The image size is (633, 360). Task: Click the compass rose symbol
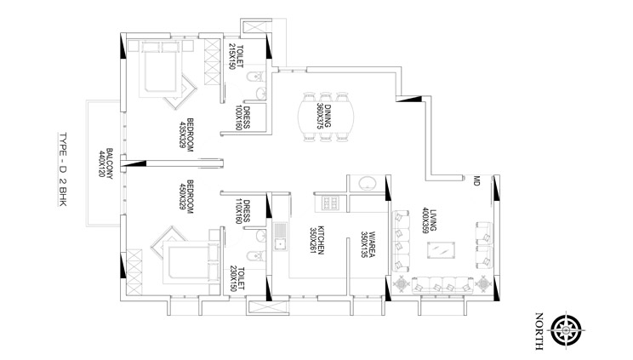[x=566, y=330]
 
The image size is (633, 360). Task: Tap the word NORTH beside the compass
[x=539, y=330]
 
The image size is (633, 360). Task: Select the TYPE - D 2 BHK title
[x=63, y=169]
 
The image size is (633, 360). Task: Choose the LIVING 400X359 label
[x=429, y=220]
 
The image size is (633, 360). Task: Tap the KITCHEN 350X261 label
[x=316, y=240]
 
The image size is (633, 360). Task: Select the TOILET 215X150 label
[x=236, y=56]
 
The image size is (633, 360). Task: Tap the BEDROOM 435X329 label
[x=186, y=135]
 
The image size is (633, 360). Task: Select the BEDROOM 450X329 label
[x=186, y=197]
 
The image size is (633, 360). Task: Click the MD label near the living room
[x=476, y=180]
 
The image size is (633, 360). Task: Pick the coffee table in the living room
[x=441, y=249]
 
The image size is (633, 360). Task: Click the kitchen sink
[x=280, y=237]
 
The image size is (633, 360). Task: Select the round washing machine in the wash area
[x=367, y=183]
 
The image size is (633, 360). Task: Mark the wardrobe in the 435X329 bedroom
[x=212, y=61]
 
